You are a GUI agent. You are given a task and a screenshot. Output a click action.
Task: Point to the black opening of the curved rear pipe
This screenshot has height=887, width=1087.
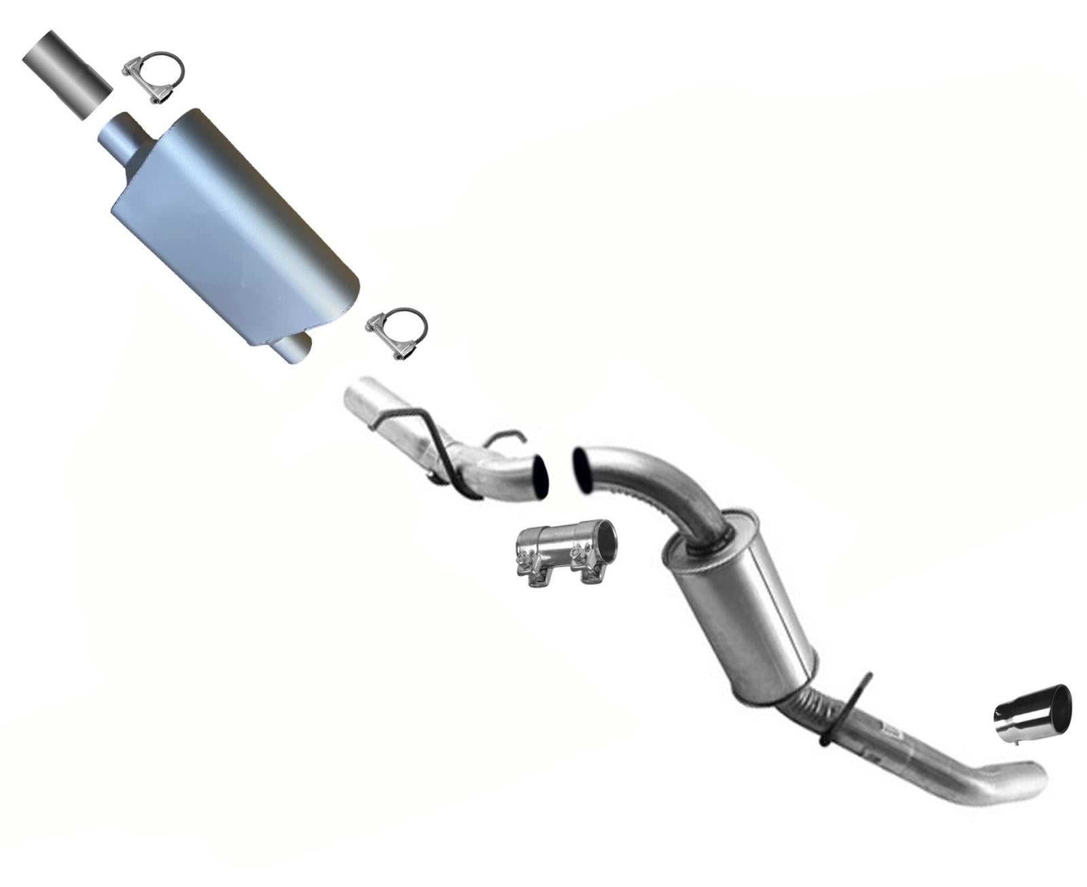coord(583,468)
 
